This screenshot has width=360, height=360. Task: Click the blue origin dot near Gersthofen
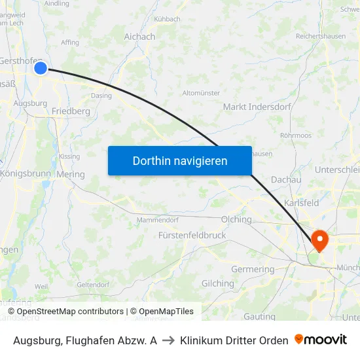coord(41,67)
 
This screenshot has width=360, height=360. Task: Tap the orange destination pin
coord(320,240)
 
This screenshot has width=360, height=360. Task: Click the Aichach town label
coord(140,37)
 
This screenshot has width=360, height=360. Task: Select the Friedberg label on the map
coord(71,111)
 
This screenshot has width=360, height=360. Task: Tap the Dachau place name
coord(285,179)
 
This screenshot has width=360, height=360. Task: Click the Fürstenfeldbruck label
coord(192,235)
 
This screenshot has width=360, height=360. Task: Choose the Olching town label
coord(236,219)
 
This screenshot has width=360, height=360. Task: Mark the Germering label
coord(253,269)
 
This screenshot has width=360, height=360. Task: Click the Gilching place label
coord(217,283)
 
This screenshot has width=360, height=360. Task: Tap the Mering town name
coord(71,174)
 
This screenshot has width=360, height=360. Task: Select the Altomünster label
coord(201,93)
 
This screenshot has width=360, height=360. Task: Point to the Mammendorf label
coord(157,220)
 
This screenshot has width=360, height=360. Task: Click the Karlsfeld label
coord(301,203)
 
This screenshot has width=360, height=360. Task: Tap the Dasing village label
coord(101,96)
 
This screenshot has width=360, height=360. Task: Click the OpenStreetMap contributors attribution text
coord(70,312)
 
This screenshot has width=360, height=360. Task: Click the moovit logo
coord(321,340)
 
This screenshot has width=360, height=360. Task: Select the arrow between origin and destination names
coord(168,340)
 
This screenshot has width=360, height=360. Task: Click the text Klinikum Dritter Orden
coord(234,340)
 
